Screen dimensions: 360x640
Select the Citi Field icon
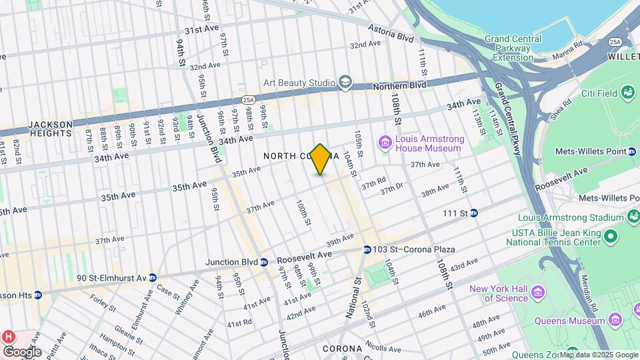pyautogui.click(x=627, y=93)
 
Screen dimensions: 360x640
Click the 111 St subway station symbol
pyautogui.click(x=474, y=213)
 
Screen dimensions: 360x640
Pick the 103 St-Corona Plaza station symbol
pyautogui.click(x=367, y=249)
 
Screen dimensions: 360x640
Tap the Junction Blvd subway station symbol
pyautogui.click(x=264, y=261)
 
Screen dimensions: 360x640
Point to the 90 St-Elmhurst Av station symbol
pyautogui.click(x=153, y=277)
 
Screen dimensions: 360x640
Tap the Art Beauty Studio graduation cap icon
pyautogui.click(x=345, y=82)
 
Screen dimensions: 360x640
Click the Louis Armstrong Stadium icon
pyautogui.click(x=632, y=217)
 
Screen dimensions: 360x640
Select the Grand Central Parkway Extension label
pyautogui.click(x=513, y=48)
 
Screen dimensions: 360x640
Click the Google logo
pyautogui.click(x=22, y=351)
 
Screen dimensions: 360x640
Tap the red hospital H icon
pyautogui.click(x=9, y=335)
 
